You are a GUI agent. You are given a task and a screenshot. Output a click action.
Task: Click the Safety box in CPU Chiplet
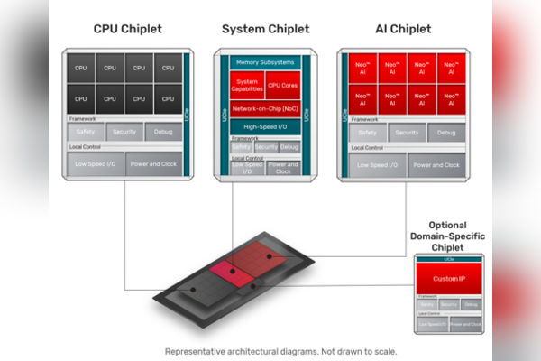pyautogui.click(x=86, y=132)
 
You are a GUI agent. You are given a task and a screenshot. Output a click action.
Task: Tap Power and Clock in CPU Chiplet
pyautogui.click(x=153, y=163)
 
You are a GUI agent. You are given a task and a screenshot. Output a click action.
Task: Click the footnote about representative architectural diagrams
pyautogui.click(x=280, y=351)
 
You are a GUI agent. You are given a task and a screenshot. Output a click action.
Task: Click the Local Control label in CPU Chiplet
pyautogui.click(x=85, y=147)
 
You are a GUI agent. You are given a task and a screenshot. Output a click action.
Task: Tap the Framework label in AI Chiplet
pyautogui.click(x=363, y=118)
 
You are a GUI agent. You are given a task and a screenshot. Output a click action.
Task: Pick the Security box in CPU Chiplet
pyautogui.click(x=124, y=132)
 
